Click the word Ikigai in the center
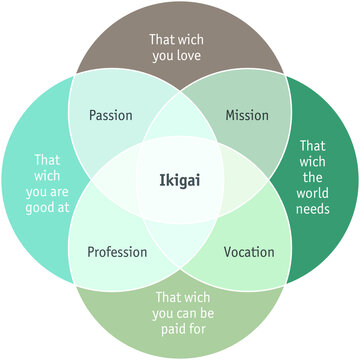pyautogui.click(x=181, y=180)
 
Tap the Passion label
pyautogui.click(x=110, y=115)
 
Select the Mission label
pyautogui.click(x=246, y=115)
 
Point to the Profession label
pyautogui.click(x=117, y=251)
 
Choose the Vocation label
pyautogui.click(x=249, y=251)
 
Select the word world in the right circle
pyautogui.click(x=314, y=193)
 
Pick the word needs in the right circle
pyautogui.click(x=314, y=210)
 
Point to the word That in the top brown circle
pyautogui.click(x=163, y=40)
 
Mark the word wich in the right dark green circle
pyautogui.click(x=314, y=160)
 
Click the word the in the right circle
pyautogui.click(x=314, y=176)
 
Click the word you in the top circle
pyautogui.click(x=164, y=57)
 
